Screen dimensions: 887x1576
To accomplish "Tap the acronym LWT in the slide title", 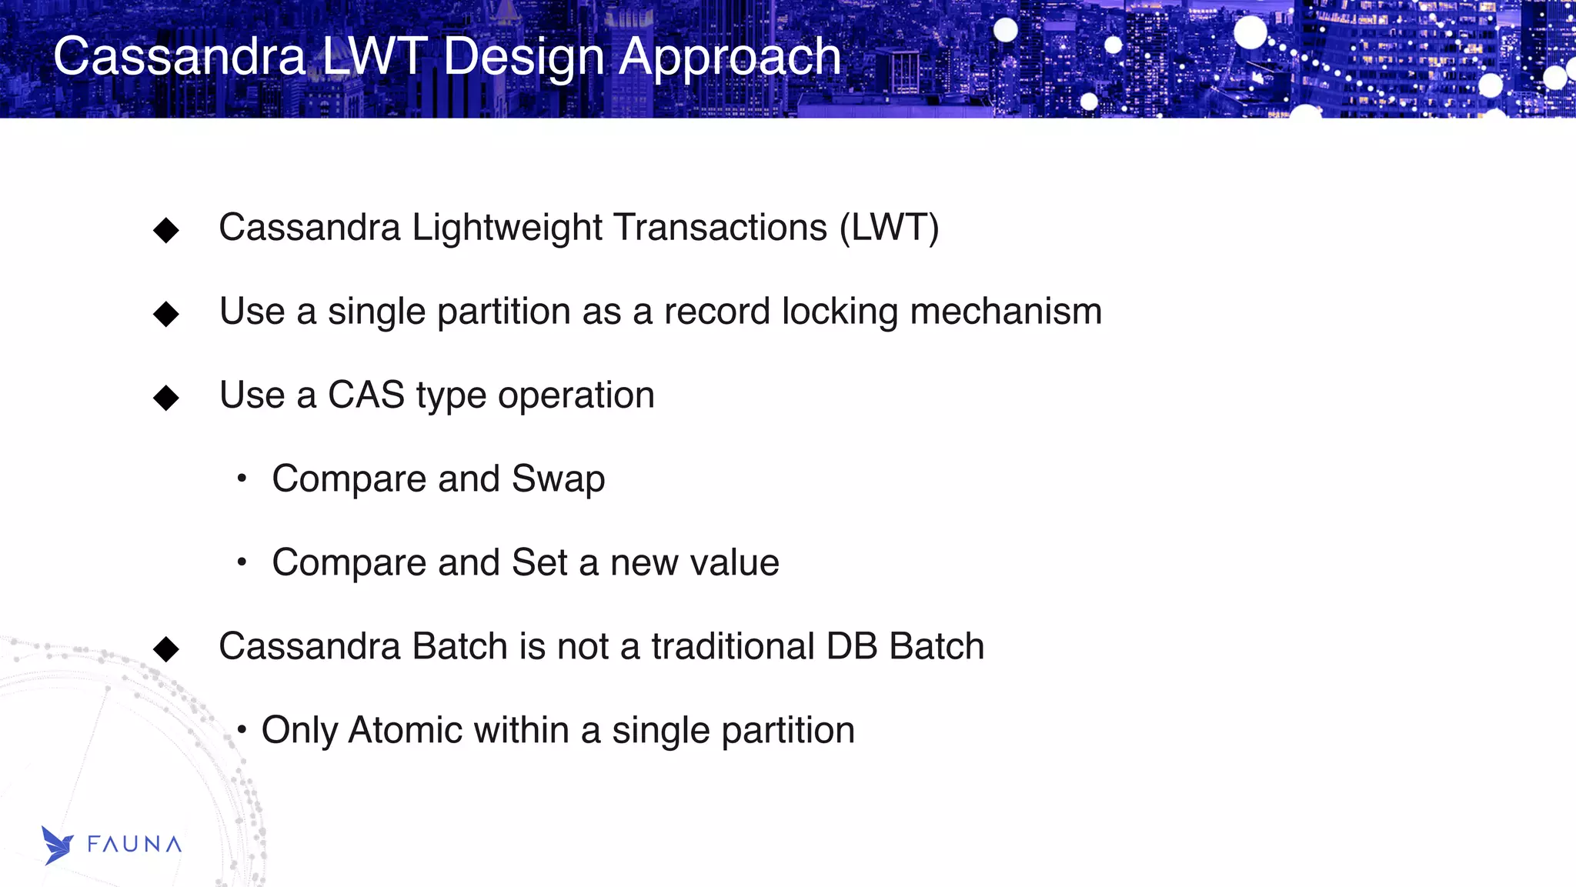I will pyautogui.click(x=373, y=56).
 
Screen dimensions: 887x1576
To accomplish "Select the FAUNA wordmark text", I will pyautogui.click(x=135, y=845).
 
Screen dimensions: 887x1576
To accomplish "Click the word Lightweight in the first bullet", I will pyautogui.click(x=507, y=228).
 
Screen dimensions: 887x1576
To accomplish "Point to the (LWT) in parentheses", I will pyautogui.click(x=889, y=228).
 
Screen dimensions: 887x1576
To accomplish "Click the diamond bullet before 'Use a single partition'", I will pyautogui.click(x=166, y=314).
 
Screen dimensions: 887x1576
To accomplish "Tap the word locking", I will pyautogui.click(x=840, y=312).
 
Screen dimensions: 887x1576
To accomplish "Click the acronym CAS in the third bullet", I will pyautogui.click(x=366, y=395).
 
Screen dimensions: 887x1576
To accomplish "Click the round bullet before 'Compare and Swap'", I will pyautogui.click(x=242, y=479).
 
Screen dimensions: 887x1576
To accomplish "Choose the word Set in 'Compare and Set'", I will pyautogui.click(x=539, y=562).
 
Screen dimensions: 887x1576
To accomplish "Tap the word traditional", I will pyautogui.click(x=733, y=646).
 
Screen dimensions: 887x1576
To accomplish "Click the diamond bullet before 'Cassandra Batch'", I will pyautogui.click(x=166, y=649).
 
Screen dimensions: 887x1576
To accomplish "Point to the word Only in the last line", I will pyautogui.click(x=299, y=731).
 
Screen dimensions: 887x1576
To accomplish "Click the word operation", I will pyautogui.click(x=576, y=396).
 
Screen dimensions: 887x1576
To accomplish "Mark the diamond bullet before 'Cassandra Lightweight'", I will pyautogui.click(x=166, y=230).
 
